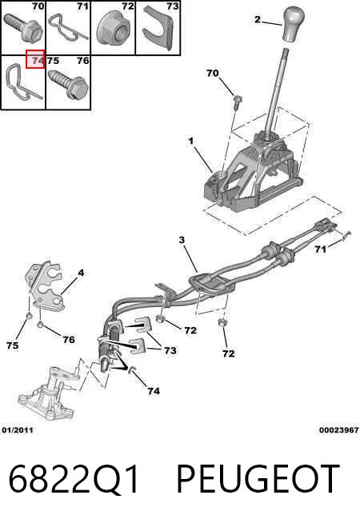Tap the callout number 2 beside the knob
pyautogui.click(x=258, y=19)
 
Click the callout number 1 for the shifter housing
pyautogui.click(x=191, y=141)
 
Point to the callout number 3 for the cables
pyautogui.click(x=182, y=240)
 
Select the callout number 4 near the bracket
pyautogui.click(x=81, y=273)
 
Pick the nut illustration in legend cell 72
pyautogui.click(x=113, y=30)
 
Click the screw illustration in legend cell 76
pyautogui.click(x=68, y=83)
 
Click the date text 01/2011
pyautogui.click(x=18, y=430)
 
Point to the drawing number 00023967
pyautogui.click(x=338, y=430)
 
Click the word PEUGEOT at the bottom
pyautogui.click(x=258, y=479)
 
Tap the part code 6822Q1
pyautogui.click(x=73, y=479)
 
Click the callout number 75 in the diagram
pyautogui.click(x=12, y=345)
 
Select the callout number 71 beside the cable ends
pyautogui.click(x=320, y=250)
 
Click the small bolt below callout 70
pyautogui.click(x=238, y=102)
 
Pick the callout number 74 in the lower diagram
pyautogui.click(x=154, y=391)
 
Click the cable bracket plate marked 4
pyautogui.click(x=45, y=287)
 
